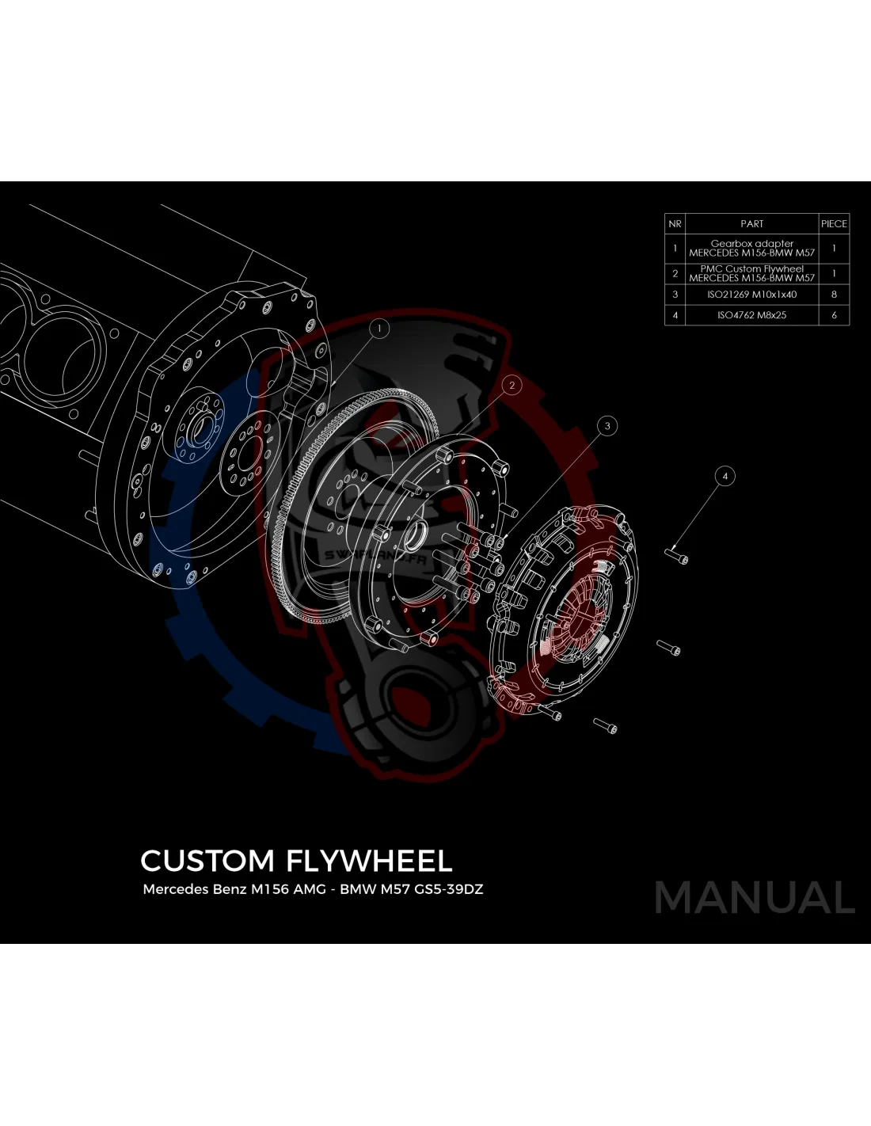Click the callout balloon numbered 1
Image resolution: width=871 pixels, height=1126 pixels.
coord(379,328)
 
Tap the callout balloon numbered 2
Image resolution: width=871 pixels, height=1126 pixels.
coord(512,386)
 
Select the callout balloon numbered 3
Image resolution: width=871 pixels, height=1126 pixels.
coord(607,426)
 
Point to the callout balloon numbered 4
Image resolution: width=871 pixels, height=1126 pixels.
coord(725,476)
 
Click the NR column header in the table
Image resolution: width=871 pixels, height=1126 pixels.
coord(675,224)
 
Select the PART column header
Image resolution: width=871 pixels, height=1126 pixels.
coord(751,224)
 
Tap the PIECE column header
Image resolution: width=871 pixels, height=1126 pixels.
coord(834,224)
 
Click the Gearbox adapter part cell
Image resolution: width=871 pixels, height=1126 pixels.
coord(751,249)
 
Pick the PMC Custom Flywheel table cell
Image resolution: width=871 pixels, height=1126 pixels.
coord(751,273)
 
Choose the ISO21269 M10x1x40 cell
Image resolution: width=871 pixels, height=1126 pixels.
coord(751,295)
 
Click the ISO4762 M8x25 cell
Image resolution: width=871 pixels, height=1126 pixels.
coord(751,315)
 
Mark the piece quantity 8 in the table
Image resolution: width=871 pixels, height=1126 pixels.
coord(834,295)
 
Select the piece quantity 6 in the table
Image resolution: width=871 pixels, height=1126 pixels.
coord(834,315)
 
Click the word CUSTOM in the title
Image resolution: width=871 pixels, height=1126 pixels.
coord(207,861)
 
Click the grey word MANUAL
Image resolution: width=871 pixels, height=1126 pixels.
coord(755,898)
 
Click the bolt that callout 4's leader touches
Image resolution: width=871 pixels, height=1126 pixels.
coord(679,557)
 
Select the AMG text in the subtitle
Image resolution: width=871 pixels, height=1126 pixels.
coord(310,889)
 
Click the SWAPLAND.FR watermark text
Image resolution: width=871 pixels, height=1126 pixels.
coord(375,557)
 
